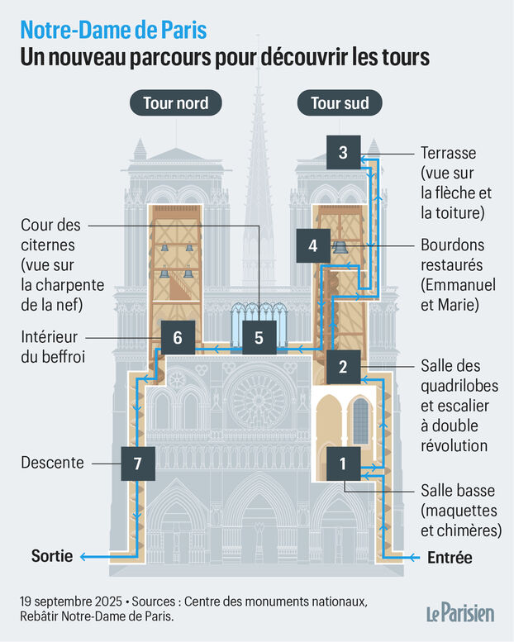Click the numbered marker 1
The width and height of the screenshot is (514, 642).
pyautogui.click(x=342, y=464)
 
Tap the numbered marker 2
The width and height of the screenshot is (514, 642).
pyautogui.click(x=342, y=366)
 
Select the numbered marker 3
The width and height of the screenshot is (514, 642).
pyautogui.click(x=343, y=153)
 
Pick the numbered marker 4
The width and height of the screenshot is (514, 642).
pyautogui.click(x=312, y=245)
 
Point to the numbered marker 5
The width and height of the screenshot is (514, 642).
pyautogui.click(x=259, y=337)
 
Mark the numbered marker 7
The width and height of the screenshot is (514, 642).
pyautogui.click(x=137, y=463)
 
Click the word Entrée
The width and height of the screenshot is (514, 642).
pyautogui.click(x=450, y=558)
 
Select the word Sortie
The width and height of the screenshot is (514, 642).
pyautogui.click(x=52, y=556)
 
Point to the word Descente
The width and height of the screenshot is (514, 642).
pyautogui.click(x=52, y=463)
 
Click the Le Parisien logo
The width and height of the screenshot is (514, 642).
pyautogui.click(x=460, y=613)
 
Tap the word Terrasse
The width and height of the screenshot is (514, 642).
pyautogui.click(x=449, y=154)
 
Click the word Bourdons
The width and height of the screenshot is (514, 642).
pyautogui.click(x=453, y=245)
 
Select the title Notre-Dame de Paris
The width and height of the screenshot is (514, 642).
pyautogui.click(x=114, y=31)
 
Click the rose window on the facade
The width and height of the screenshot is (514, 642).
pyautogui.click(x=258, y=395)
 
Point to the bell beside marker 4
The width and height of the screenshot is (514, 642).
pyautogui.click(x=339, y=247)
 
